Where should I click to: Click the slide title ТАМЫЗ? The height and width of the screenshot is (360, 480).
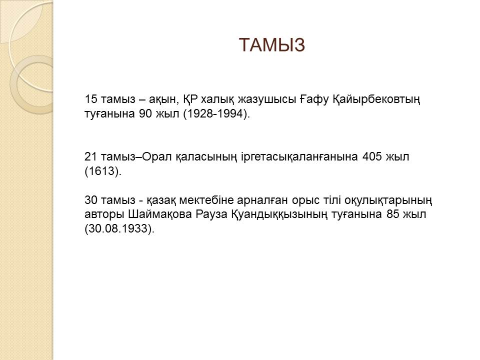[271, 44]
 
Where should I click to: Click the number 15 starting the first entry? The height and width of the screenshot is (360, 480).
[91, 99]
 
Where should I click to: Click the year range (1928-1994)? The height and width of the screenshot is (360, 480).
[216, 114]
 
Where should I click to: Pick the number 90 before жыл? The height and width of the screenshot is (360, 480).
[145, 113]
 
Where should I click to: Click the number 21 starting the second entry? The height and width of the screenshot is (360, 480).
[91, 156]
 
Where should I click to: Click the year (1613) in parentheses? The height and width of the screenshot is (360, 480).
[103, 171]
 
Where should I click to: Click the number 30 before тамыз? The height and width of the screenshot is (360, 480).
[91, 200]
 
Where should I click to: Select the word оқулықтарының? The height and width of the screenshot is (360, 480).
[388, 200]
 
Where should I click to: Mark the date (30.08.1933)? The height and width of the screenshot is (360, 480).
[119, 228]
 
